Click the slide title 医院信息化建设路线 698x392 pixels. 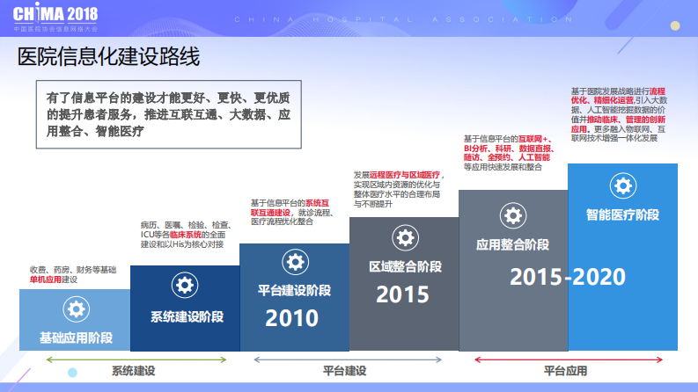[x=109, y=58]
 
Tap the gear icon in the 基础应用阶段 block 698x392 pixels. [x=76, y=309]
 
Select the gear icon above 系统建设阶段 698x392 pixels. [x=185, y=285]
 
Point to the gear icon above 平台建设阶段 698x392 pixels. [x=294, y=261]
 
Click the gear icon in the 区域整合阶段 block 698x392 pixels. [x=404, y=237]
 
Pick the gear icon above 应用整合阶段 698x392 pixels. [x=513, y=214]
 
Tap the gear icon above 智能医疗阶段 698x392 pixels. [x=622, y=185]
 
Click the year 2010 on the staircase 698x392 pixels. [x=292, y=318]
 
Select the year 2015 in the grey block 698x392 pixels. [x=402, y=294]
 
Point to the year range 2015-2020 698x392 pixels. [x=568, y=277]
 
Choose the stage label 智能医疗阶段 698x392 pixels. [x=622, y=214]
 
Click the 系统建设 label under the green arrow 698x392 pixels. [x=133, y=371]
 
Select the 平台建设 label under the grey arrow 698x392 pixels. [x=344, y=371]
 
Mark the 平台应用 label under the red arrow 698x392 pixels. [x=564, y=371]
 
